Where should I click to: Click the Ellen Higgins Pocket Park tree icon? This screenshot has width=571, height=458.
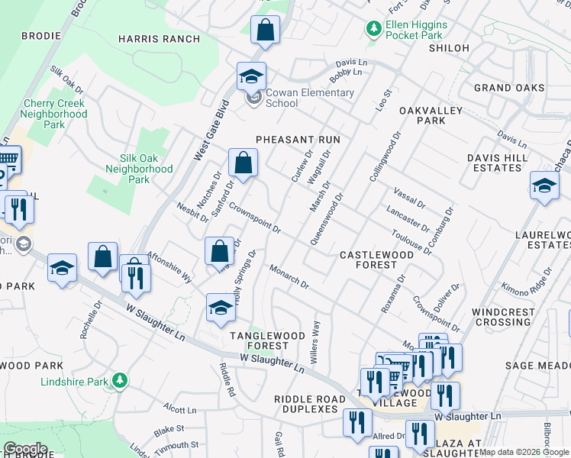point(373,29)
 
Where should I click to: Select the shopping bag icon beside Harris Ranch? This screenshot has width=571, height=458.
point(265,31)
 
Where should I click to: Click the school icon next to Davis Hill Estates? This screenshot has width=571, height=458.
point(544,186)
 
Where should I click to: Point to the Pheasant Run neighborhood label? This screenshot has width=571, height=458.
point(298,140)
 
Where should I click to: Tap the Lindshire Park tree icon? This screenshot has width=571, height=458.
point(119,379)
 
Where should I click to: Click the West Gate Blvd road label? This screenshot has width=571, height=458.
point(211,130)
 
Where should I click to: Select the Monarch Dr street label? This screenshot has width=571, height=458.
point(289,276)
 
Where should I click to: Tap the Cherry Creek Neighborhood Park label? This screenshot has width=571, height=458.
point(54,114)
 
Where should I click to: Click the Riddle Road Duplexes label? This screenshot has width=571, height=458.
point(305,404)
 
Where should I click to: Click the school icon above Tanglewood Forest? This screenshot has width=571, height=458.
point(221,307)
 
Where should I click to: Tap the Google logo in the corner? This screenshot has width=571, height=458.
point(25,449)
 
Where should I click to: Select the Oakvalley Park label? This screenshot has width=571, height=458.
point(421,115)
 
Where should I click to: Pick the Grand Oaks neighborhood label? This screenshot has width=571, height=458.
point(509,88)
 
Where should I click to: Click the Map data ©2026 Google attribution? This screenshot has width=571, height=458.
point(523,452)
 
